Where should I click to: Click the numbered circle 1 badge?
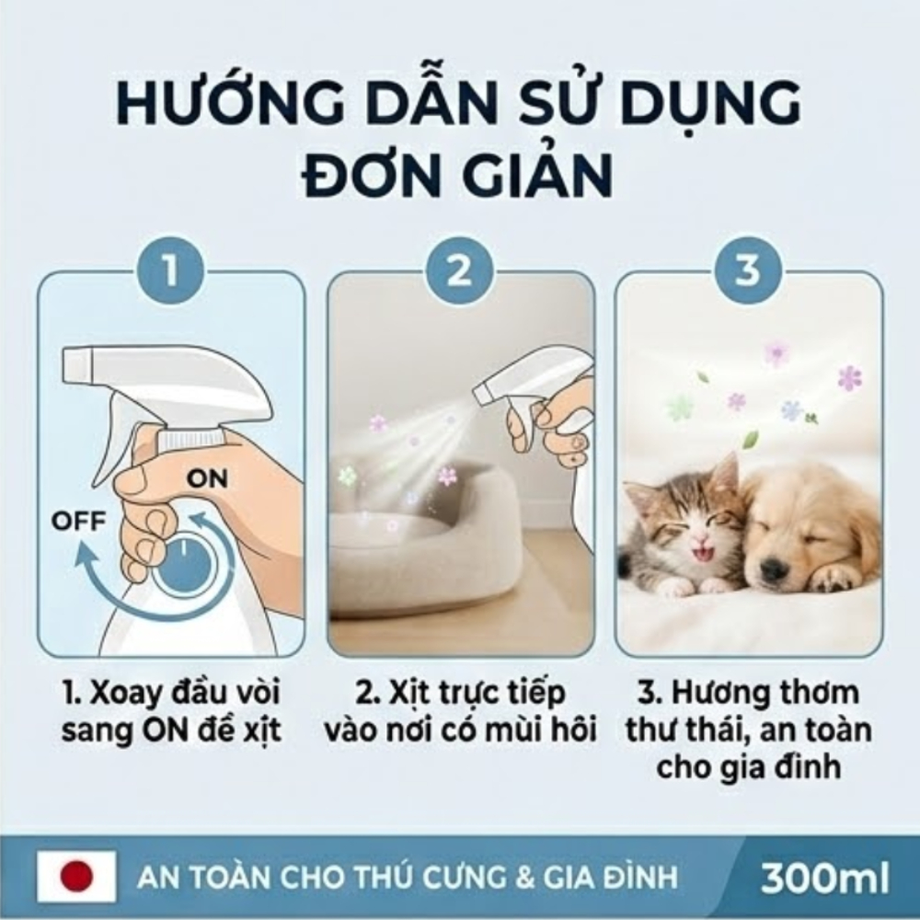[170, 271]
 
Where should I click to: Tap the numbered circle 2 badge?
[459, 271]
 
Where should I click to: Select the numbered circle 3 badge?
[747, 271]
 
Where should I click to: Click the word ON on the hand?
[207, 479]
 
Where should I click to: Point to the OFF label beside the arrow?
[78, 521]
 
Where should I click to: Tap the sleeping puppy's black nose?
[775, 566]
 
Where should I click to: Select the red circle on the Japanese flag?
[76, 877]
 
